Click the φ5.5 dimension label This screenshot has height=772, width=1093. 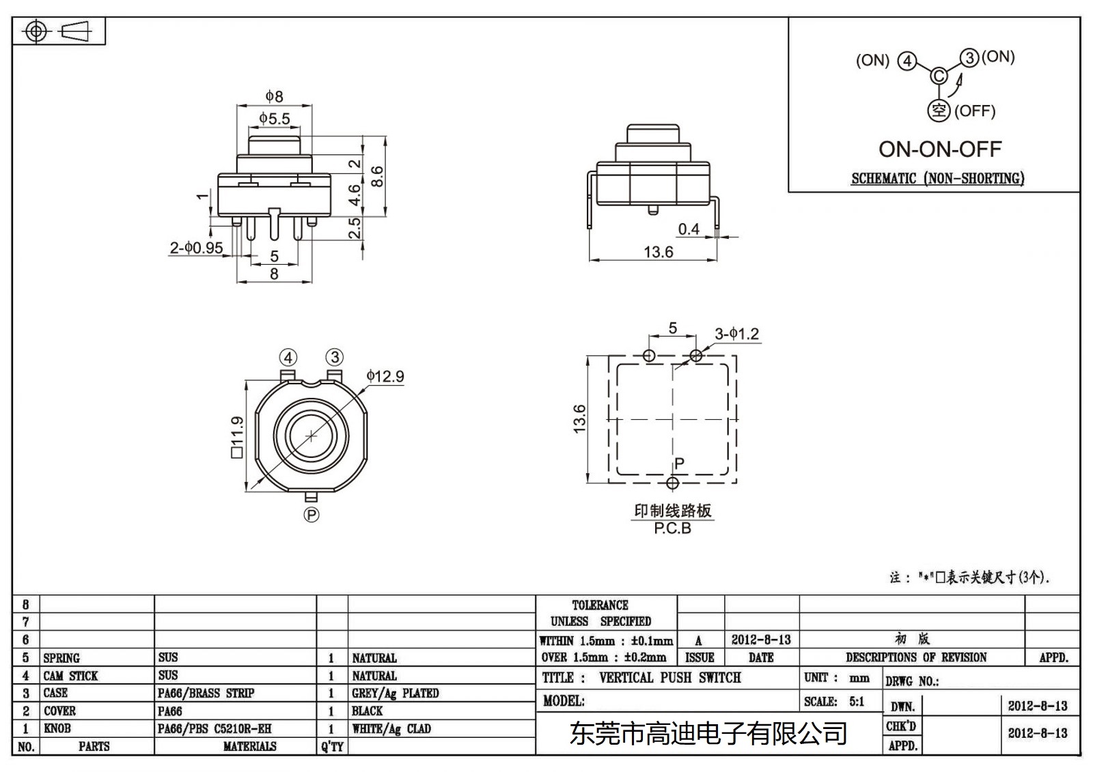(x=274, y=119)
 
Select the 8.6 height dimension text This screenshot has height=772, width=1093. (x=377, y=176)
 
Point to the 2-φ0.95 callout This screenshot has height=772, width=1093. (x=196, y=248)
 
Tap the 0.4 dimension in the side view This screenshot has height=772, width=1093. (x=689, y=229)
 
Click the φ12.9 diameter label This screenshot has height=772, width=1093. (x=385, y=376)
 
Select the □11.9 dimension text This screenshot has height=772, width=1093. (x=237, y=437)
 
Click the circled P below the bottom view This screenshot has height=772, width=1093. (x=312, y=515)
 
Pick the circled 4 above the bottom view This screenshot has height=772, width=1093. (x=288, y=358)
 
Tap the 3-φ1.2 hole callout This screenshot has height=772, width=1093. (x=736, y=334)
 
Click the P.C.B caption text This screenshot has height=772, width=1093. (x=672, y=528)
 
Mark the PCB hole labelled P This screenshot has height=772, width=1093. (x=673, y=483)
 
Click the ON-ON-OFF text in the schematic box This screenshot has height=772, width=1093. (x=939, y=149)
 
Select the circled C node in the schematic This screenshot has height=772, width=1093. (x=939, y=76)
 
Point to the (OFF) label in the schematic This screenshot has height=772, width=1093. (x=975, y=111)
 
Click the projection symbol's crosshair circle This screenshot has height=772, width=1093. (x=36, y=31)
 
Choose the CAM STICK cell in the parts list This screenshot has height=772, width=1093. (x=70, y=676)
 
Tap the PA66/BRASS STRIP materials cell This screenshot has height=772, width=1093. (x=206, y=693)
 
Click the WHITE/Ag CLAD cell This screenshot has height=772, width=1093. (x=391, y=728)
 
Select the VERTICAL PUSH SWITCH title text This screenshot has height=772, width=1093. (x=669, y=678)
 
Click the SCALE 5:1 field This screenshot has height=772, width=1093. (x=834, y=701)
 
